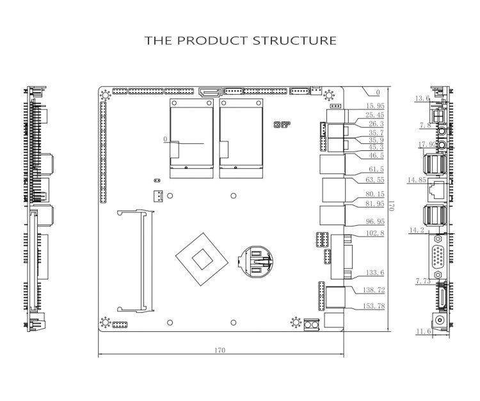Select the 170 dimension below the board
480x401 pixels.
220,350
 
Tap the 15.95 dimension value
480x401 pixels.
375,106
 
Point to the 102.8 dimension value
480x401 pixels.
375,233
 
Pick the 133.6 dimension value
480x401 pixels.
375,272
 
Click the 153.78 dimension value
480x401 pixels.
374,306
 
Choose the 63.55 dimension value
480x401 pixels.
375,180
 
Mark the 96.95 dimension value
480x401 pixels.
375,221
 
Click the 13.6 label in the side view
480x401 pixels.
422,98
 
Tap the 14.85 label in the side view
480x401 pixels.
417,180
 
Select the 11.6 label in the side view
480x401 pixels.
424,331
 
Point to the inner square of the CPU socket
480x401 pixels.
202,260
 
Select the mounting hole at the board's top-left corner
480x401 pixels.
106,95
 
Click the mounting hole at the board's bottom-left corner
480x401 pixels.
106,322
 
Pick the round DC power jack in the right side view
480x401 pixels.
440,320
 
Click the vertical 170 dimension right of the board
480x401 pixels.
391,205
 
